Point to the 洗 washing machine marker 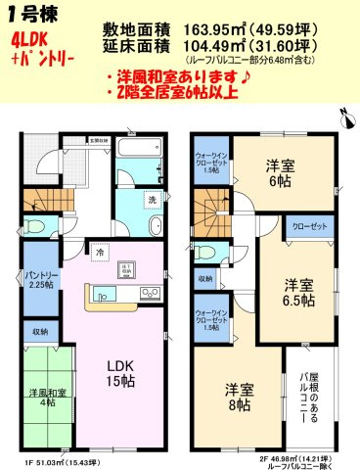pos(151,200)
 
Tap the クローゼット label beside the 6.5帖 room pos(309,226)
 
